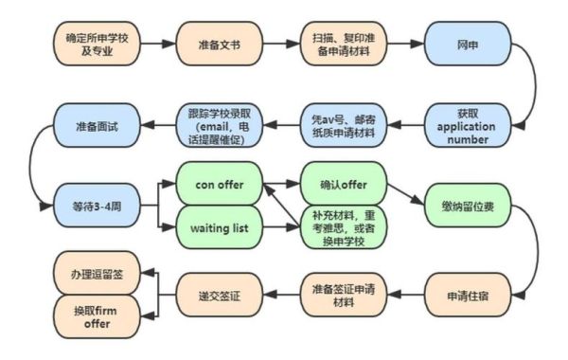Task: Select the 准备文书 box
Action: tap(218, 44)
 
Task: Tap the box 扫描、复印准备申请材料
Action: tap(342, 44)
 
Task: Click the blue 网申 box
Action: tap(467, 44)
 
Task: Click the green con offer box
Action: tap(218, 181)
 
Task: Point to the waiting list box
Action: tap(218, 226)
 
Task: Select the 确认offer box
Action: tap(342, 181)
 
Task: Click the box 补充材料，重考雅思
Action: tap(342, 226)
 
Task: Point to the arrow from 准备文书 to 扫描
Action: tap(280, 44)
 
